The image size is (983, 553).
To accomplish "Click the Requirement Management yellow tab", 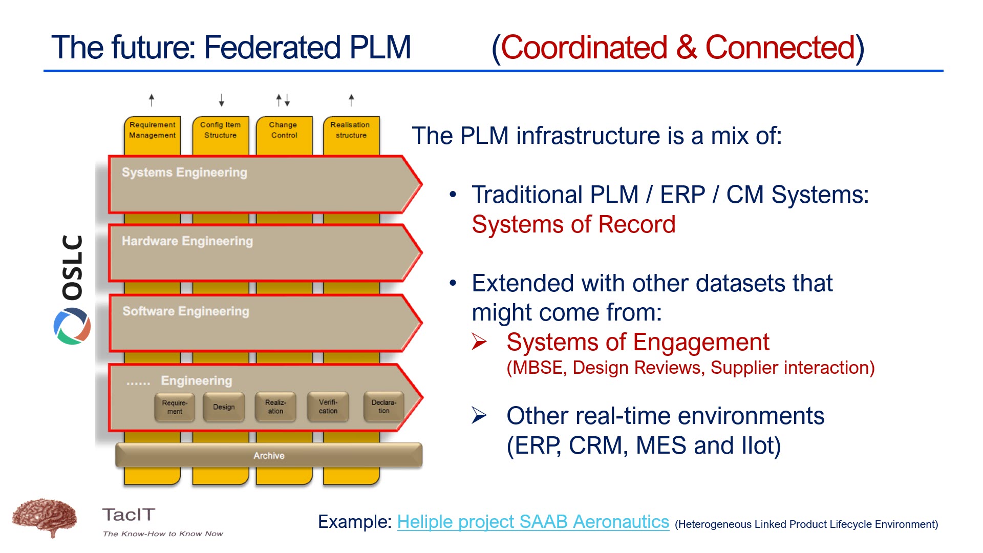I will click(152, 131).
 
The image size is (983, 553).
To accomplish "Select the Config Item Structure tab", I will click(220, 131).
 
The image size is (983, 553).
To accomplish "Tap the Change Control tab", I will click(284, 131).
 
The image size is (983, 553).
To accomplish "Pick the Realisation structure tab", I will click(351, 131).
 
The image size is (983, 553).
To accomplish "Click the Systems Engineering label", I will click(184, 173).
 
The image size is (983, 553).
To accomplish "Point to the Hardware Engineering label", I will click(187, 241).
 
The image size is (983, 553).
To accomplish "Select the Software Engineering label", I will click(186, 311).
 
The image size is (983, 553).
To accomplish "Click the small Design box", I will click(224, 407).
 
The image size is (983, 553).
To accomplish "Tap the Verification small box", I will click(328, 407).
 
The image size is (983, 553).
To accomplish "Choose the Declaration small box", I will click(383, 407).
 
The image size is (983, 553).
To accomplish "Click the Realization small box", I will click(275, 407).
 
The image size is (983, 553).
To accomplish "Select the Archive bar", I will click(269, 455).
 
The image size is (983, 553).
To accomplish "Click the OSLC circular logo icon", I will click(72, 326).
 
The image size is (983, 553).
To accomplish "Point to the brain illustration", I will click(45, 517).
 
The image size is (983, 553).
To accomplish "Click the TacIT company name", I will click(129, 515).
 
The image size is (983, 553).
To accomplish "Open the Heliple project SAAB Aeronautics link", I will click(533, 522).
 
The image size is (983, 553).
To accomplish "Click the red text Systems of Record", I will click(573, 224).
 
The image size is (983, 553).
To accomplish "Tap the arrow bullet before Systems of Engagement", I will click(479, 342).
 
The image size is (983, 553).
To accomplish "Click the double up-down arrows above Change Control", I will click(283, 100).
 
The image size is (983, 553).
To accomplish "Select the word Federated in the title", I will click(272, 48).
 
